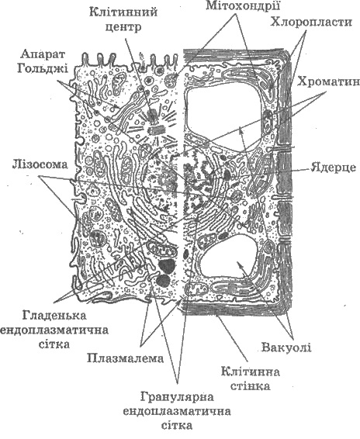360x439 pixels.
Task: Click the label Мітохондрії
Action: tap(243, 5)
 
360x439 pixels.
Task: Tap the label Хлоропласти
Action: tap(311, 22)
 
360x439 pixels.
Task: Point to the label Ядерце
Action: tap(333, 167)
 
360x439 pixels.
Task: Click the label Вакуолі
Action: tap(286, 347)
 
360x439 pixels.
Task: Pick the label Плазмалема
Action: tap(125, 358)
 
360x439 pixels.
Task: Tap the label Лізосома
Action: tap(40, 164)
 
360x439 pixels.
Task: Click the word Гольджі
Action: tap(43, 68)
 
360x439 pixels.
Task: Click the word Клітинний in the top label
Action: tap(123, 12)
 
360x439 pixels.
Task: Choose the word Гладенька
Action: tap(54, 315)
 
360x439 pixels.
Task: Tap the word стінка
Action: tap(250, 386)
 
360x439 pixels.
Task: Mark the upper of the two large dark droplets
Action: tap(166, 266)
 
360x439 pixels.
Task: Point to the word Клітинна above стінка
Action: tap(250, 372)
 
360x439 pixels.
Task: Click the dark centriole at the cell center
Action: tap(153, 116)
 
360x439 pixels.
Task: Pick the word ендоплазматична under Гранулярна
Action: tap(177, 412)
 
